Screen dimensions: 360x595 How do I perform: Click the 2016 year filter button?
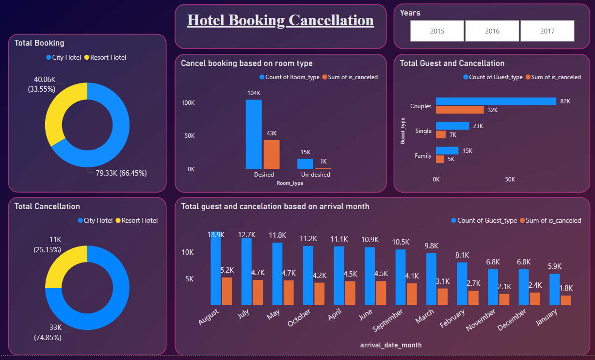click(x=492, y=31)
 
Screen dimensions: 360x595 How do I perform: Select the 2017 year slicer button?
click(x=547, y=31)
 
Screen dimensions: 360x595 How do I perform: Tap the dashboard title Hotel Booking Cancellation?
click(x=280, y=20)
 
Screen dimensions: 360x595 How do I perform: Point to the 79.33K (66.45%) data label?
click(x=121, y=173)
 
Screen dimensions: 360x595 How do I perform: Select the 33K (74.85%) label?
click(x=48, y=332)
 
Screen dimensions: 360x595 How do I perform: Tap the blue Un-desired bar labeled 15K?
click(x=305, y=164)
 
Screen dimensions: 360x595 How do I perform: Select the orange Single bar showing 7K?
click(x=440, y=134)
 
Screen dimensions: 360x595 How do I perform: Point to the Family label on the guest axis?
click(x=423, y=156)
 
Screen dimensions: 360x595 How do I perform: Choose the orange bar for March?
click(x=442, y=296)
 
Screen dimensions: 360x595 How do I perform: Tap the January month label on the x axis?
click(x=547, y=318)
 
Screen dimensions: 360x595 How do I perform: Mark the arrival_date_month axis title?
click(x=391, y=345)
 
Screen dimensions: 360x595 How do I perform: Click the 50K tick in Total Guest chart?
click(x=510, y=180)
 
